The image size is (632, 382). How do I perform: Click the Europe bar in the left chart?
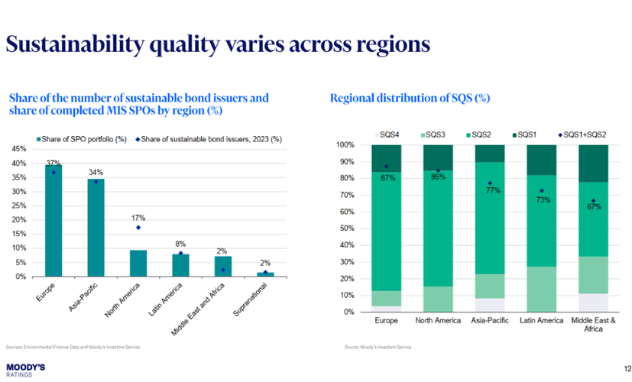(x=53, y=222)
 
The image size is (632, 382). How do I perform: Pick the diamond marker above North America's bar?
(x=138, y=228)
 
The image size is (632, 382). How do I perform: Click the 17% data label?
(x=138, y=217)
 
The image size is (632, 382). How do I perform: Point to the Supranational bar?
(x=265, y=274)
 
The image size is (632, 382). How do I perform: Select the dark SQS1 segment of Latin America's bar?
(x=542, y=160)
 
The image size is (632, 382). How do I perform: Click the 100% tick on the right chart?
(x=345, y=145)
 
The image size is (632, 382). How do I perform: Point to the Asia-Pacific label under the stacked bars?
(x=490, y=321)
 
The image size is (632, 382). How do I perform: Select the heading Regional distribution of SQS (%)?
(x=409, y=99)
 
